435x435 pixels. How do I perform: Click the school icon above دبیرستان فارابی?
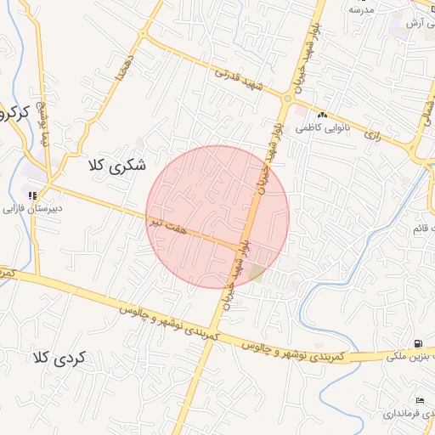[x=32, y=196]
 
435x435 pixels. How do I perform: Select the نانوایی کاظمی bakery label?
[x=317, y=127]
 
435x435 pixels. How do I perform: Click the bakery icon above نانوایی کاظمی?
[x=322, y=116]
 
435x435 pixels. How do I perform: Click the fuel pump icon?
[x=417, y=344]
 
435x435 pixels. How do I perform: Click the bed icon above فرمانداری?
[x=420, y=400]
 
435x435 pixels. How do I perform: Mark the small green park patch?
[x=255, y=274]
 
